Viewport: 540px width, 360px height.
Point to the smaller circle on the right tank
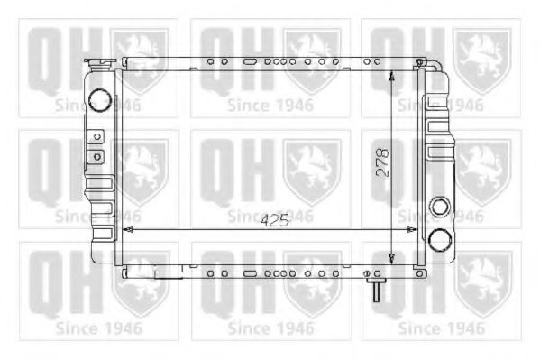pyautogui.click(x=440, y=206)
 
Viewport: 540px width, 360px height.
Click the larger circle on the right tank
pyautogui.click(x=440, y=240)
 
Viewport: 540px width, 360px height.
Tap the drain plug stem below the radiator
pyautogui.click(x=371, y=290)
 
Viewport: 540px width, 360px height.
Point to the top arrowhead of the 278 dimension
pyautogui.click(x=391, y=78)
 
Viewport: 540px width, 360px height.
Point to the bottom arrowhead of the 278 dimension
pyautogui.click(x=391, y=258)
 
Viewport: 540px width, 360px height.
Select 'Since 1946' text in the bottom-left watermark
pyautogui.click(x=98, y=328)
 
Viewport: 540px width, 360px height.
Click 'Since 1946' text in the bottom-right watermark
pyautogui.click(x=442, y=328)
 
